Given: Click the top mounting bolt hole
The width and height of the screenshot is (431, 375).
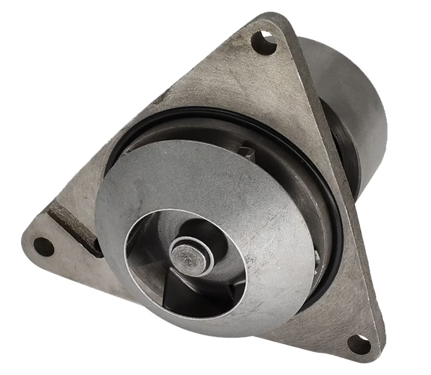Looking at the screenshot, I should click(x=264, y=42).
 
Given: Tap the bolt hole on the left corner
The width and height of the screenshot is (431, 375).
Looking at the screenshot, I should click(x=44, y=247).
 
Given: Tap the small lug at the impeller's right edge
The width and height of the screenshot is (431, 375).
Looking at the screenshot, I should click(x=318, y=258).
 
